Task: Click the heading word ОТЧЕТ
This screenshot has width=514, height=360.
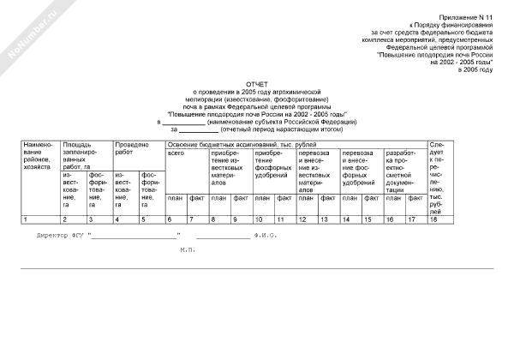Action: [x=258, y=75]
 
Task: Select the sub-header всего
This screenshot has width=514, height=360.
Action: [x=176, y=153]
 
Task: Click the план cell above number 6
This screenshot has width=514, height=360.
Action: [x=176, y=198]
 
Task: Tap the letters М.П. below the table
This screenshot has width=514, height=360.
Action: [x=188, y=249]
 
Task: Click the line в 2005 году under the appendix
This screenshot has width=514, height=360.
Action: [x=475, y=69]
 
